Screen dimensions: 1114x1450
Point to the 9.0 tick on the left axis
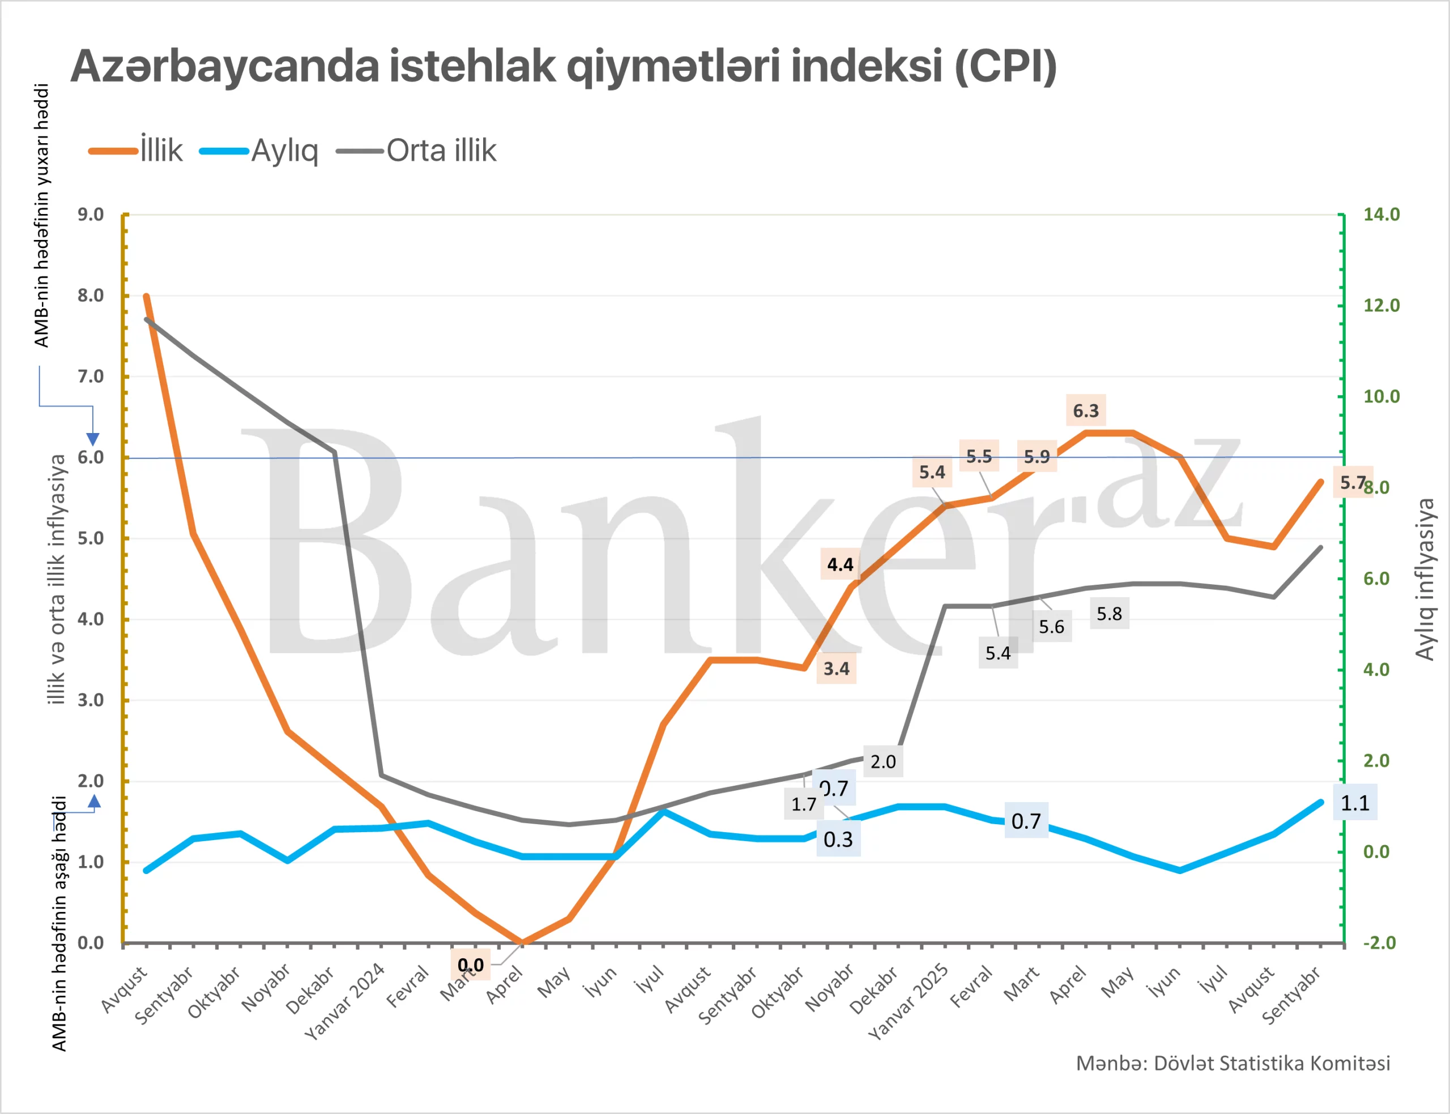90,214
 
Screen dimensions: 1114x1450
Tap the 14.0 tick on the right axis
1381,214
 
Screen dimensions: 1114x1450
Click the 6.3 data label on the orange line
1086,411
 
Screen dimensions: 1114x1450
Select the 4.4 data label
840,564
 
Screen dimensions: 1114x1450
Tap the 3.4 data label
836,669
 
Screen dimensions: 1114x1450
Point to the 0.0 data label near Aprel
470,965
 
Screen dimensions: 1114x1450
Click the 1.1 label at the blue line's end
1354,803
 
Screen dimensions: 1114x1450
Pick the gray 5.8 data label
1109,614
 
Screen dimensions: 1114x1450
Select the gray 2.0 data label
883,761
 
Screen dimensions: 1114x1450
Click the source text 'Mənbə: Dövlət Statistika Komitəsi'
1232,1063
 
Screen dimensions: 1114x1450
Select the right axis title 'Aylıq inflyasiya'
1425,580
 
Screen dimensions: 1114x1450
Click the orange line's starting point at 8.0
146,297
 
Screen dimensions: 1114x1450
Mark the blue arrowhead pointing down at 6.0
93,439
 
